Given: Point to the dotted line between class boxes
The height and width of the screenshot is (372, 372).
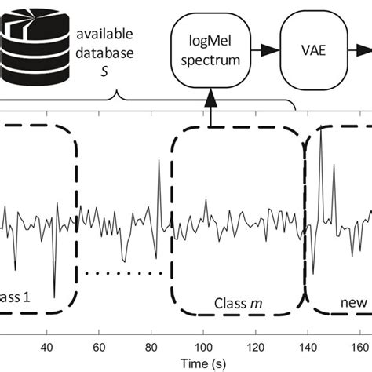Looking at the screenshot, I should coord(126,274).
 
